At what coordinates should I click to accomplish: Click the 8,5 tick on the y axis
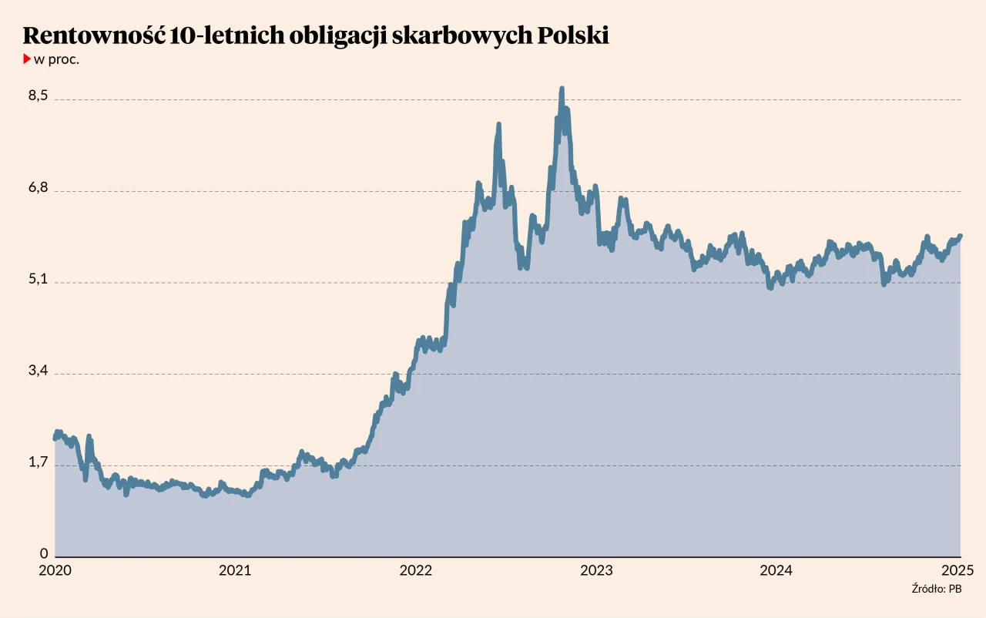point(39,96)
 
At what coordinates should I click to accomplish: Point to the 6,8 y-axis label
point(39,187)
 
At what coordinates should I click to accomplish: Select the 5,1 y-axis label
point(39,278)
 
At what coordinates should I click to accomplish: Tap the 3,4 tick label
point(39,370)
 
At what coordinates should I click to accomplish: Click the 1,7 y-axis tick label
point(39,462)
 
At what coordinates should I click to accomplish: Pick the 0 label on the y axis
point(44,553)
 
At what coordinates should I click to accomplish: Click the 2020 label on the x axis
point(55,570)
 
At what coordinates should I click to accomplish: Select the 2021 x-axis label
point(235,570)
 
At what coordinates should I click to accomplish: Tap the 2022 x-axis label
point(416,570)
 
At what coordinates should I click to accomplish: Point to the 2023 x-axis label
point(596,570)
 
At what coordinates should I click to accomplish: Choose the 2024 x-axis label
point(776,570)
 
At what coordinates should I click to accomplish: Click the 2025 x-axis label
point(958,570)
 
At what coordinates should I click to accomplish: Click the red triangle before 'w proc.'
point(27,59)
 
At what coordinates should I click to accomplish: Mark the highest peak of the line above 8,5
point(562,89)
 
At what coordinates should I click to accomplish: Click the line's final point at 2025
point(961,236)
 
